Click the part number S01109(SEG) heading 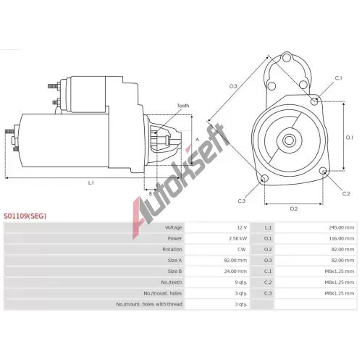click(25, 216)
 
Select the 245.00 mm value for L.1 click(341, 227)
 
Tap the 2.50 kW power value click(237, 238)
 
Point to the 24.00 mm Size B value click(235, 271)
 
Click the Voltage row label click(173, 227)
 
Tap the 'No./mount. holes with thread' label click(149, 304)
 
